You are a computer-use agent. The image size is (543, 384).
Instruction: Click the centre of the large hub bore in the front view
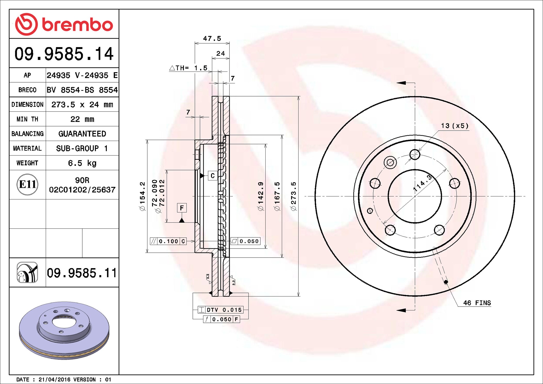415,196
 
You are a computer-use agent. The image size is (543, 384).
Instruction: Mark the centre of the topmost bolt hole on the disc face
415,155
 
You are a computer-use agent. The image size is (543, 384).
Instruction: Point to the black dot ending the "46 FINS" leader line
446,282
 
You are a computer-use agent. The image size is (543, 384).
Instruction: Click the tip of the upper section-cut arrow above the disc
396,83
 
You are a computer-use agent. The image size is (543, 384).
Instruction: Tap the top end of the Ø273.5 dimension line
299,96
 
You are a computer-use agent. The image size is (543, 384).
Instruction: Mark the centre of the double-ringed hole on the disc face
390,163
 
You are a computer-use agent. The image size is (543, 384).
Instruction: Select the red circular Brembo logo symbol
27,24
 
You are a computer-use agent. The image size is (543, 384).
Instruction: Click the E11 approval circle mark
27,184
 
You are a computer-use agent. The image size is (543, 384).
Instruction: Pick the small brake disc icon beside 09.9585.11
27,273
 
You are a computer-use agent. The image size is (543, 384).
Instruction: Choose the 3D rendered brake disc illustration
64,331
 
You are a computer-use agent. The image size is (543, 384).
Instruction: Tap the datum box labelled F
182,208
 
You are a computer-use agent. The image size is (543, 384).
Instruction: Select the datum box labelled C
213,176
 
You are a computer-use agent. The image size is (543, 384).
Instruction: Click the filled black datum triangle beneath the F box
182,220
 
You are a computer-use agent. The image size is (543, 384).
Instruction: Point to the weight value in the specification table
82,163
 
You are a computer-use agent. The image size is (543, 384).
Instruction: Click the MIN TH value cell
82,119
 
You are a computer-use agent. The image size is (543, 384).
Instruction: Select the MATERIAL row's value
82,148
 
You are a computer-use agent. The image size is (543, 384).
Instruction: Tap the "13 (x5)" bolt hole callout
454,126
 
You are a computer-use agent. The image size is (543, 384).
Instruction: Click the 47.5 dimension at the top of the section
212,38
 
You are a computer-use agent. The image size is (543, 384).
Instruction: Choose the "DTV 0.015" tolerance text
224,310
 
